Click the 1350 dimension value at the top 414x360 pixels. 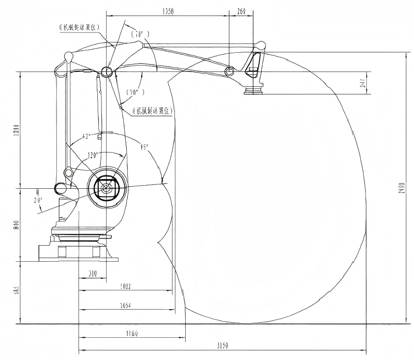[x=168, y=10]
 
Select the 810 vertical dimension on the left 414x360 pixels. [x=16, y=224]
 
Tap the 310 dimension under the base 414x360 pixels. [x=94, y=274]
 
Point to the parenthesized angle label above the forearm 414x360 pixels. [x=140, y=35]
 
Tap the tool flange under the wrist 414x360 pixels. [x=254, y=91]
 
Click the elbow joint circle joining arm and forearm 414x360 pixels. [x=107, y=71]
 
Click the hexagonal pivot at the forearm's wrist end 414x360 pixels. [x=229, y=70]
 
